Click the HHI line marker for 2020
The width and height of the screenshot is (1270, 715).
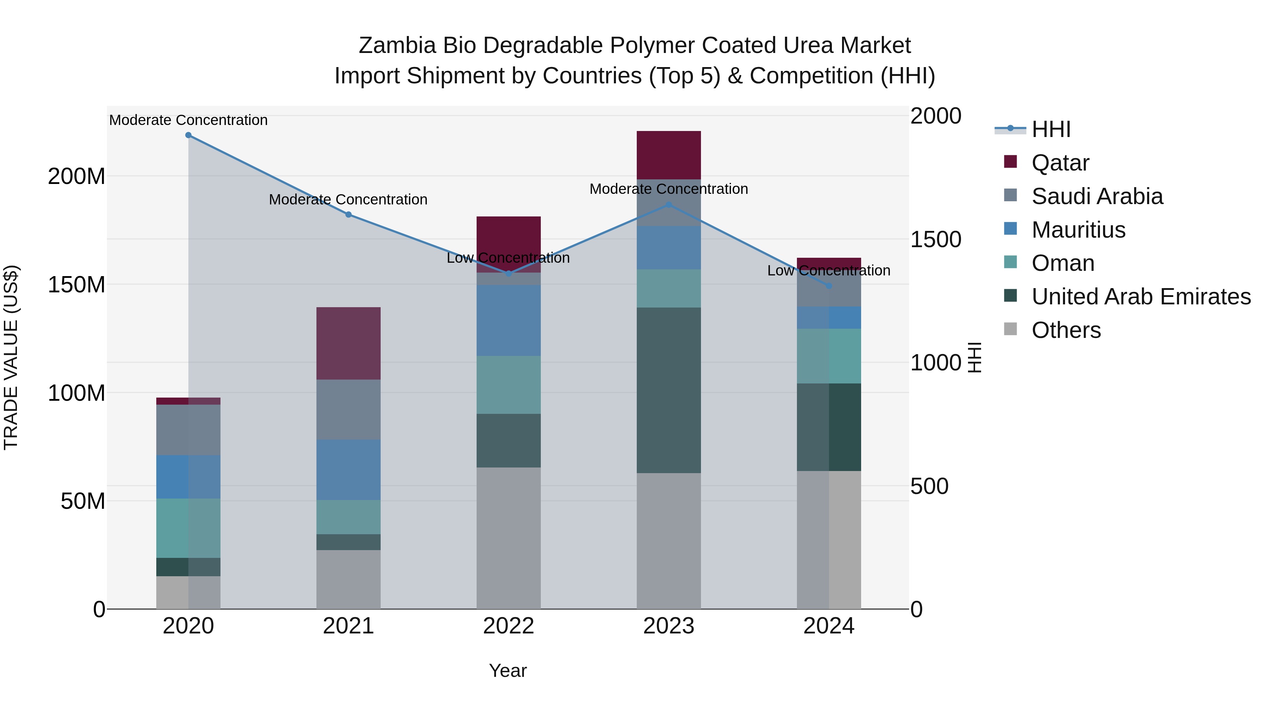188,135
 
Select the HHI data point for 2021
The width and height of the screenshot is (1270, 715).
349,215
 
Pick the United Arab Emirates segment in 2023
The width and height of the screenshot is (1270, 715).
669,390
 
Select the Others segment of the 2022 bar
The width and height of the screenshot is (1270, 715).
508,538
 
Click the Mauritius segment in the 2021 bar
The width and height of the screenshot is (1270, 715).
349,470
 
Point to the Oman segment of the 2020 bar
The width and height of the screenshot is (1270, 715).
188,528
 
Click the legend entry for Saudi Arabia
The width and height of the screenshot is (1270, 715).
1096,196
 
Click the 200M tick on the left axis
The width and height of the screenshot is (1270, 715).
77,176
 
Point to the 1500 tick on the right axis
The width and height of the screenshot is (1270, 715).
935,240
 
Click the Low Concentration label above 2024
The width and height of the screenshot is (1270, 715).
829,271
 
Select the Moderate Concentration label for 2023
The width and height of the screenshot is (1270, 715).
669,189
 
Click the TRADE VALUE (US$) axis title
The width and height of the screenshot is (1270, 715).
11,357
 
